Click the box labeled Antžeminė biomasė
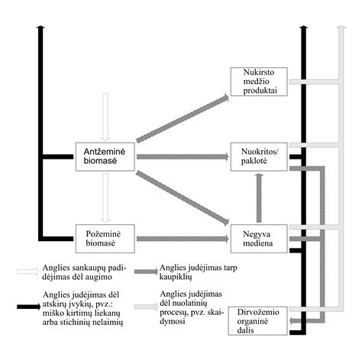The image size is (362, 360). [105, 155]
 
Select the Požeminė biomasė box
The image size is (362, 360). [105, 237]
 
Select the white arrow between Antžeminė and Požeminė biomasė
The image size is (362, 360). [105, 196]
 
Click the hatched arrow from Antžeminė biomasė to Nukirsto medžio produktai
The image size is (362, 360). [183, 118]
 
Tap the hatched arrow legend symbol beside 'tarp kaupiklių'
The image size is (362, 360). [144, 271]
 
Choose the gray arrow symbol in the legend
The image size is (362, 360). [144, 306]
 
